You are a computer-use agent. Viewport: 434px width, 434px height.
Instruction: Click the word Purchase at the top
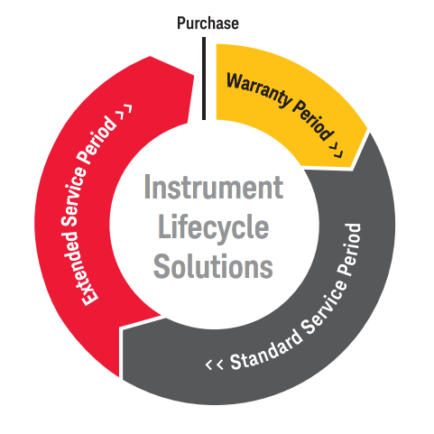(208, 23)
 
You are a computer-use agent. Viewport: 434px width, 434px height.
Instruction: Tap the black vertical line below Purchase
(204, 78)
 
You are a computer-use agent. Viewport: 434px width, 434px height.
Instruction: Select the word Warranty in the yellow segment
(259, 89)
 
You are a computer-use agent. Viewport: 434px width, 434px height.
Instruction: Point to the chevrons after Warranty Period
(337, 150)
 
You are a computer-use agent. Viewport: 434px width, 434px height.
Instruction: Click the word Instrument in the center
(214, 187)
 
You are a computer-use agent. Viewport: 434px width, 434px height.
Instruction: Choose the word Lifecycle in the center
(213, 227)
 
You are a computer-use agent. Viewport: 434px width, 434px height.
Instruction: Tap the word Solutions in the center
(213, 266)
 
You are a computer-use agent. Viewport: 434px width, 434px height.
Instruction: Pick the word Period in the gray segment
(349, 249)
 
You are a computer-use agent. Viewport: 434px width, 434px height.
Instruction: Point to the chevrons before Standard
(215, 364)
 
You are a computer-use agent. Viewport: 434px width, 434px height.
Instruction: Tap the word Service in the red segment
(75, 197)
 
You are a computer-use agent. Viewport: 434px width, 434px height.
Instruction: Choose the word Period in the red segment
(97, 139)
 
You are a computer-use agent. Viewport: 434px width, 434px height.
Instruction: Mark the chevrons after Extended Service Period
(125, 112)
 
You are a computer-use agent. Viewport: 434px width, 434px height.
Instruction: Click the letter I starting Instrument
(147, 187)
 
